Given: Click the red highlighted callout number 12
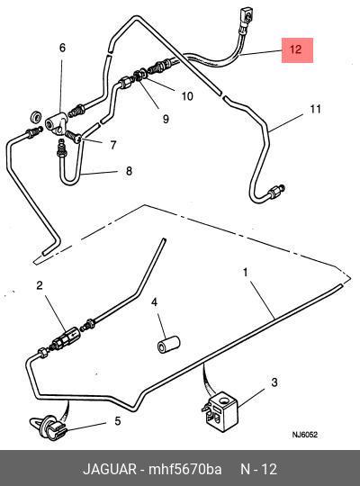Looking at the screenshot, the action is click(295, 49).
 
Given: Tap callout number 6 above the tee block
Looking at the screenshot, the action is click(62, 48).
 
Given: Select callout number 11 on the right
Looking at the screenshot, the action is click(315, 109).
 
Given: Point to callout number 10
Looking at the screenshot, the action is click(187, 96).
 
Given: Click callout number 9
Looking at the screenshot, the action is click(166, 119).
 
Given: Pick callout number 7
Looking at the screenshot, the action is click(113, 145).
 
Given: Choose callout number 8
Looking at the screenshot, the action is click(129, 171).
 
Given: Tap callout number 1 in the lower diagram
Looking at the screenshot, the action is click(246, 273).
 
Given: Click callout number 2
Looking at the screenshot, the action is click(40, 285).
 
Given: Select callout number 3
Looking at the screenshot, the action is click(274, 382).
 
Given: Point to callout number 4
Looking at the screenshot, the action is click(154, 301).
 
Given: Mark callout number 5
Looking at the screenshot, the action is click(118, 421).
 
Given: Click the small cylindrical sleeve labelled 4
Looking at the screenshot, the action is click(168, 344).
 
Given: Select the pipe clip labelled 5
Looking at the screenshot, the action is click(49, 427).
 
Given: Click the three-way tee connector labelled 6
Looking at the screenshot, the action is click(56, 123).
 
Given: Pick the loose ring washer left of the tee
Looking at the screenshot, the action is click(37, 115).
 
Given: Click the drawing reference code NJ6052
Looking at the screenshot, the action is click(305, 435).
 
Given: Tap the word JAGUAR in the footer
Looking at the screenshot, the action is click(110, 469).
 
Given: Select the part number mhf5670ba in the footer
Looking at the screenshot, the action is click(184, 469).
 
